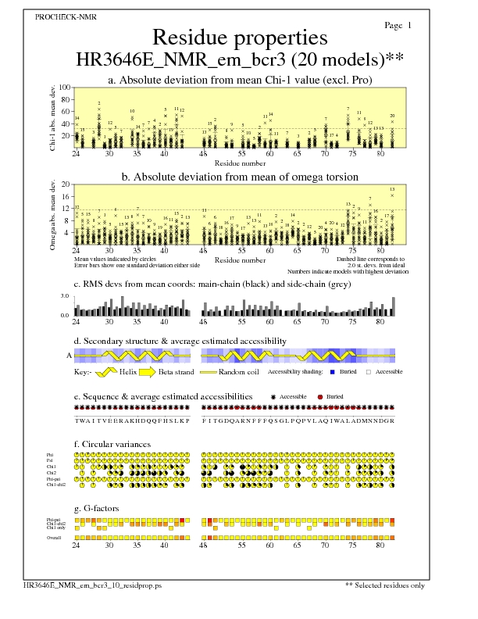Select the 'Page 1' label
tap(398, 25)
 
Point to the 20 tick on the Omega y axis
tap(66, 184)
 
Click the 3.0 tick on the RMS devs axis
tap(66, 297)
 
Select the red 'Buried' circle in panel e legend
tap(320, 397)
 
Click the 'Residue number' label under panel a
tap(238, 163)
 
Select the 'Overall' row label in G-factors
tap(53, 538)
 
